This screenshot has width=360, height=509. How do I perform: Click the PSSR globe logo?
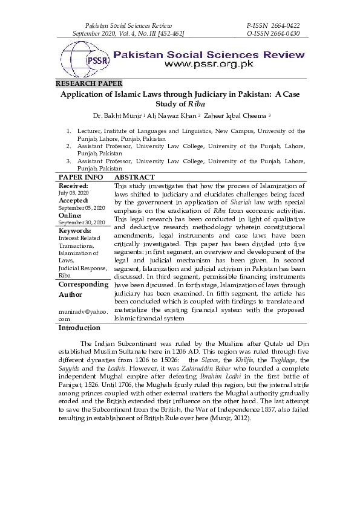click(x=84, y=59)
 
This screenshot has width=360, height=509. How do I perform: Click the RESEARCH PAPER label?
click(x=89, y=83)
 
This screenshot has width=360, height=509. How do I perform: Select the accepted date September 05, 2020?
click(x=82, y=207)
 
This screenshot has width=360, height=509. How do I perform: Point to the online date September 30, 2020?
click(x=82, y=222)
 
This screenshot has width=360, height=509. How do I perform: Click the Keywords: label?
click(x=75, y=230)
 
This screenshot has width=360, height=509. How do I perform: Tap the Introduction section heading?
click(x=79, y=328)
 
